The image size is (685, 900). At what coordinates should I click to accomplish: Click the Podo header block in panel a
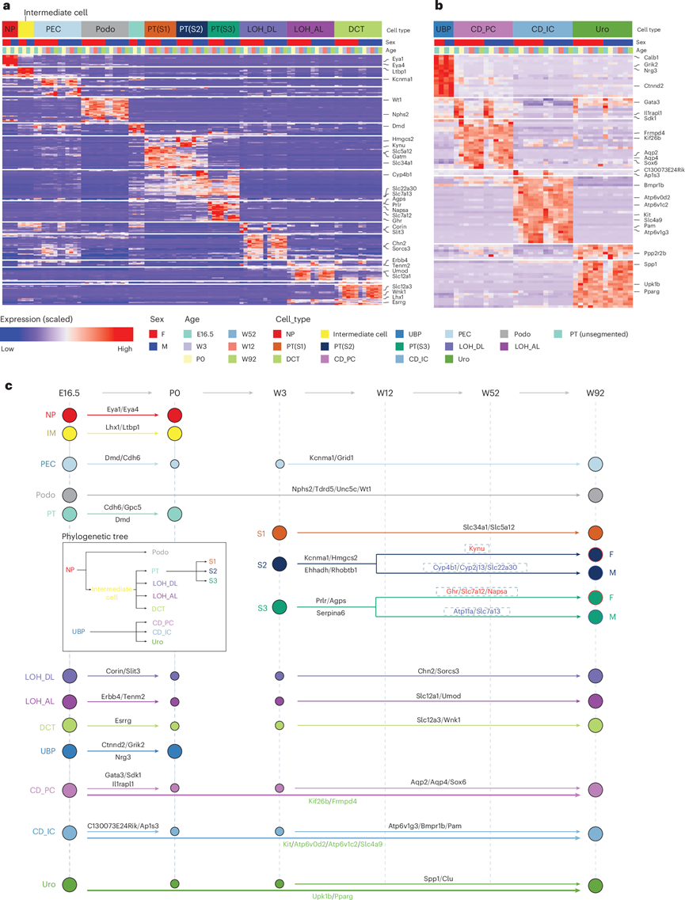click(x=104, y=28)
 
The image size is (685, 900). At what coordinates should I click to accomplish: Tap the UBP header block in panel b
click(x=443, y=28)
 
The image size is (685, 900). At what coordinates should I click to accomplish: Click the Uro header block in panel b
click(x=602, y=28)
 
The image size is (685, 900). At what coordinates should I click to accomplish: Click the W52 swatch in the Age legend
click(x=233, y=334)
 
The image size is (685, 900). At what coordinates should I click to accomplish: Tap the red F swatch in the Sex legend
click(x=155, y=334)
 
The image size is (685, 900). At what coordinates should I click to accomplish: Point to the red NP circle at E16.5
click(x=70, y=415)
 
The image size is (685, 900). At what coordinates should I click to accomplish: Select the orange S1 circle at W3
click(x=279, y=533)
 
